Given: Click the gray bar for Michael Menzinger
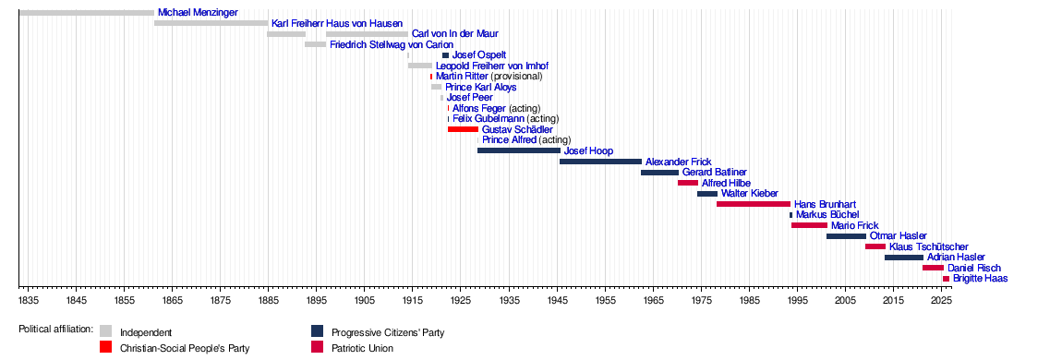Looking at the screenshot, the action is coord(87,13).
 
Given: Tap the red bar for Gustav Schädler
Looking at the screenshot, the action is coord(464,129).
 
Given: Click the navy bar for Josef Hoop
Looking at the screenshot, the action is coord(519,150).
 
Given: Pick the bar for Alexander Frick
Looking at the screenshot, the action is coord(601,161).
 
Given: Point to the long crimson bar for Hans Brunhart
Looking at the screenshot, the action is coord(754,204).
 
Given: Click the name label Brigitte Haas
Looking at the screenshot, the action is coord(980,278).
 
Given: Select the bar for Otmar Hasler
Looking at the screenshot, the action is coord(846,236).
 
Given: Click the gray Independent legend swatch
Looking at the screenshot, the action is coord(105,330).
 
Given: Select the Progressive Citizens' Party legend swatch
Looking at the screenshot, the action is coord(317,330).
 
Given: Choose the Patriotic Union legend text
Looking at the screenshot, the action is coord(362,349).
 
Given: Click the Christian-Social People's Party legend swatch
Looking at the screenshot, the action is coord(105,347).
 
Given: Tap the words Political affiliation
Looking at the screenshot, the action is coord(55,330).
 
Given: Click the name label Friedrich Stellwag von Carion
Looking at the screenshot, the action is coord(387,45).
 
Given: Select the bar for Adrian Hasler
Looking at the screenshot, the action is coord(903,258).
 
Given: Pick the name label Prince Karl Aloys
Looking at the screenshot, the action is coord(481,88).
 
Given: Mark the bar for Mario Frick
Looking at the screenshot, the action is coord(809,225).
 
